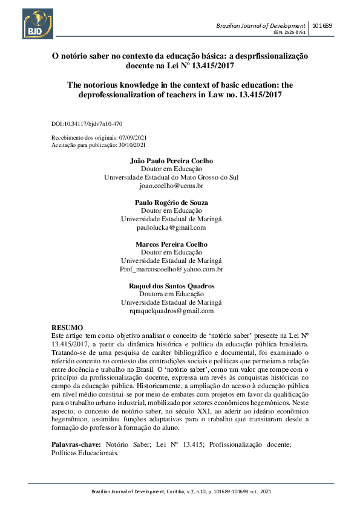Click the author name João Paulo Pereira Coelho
click(172, 161)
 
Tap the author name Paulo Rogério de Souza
click(171, 203)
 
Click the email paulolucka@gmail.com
click(171, 228)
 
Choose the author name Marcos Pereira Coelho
click(171, 244)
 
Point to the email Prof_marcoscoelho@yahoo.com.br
click(171, 269)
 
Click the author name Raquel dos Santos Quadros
click(171, 286)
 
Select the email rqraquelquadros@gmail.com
click(171, 311)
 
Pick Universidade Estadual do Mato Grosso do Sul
click(171, 178)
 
